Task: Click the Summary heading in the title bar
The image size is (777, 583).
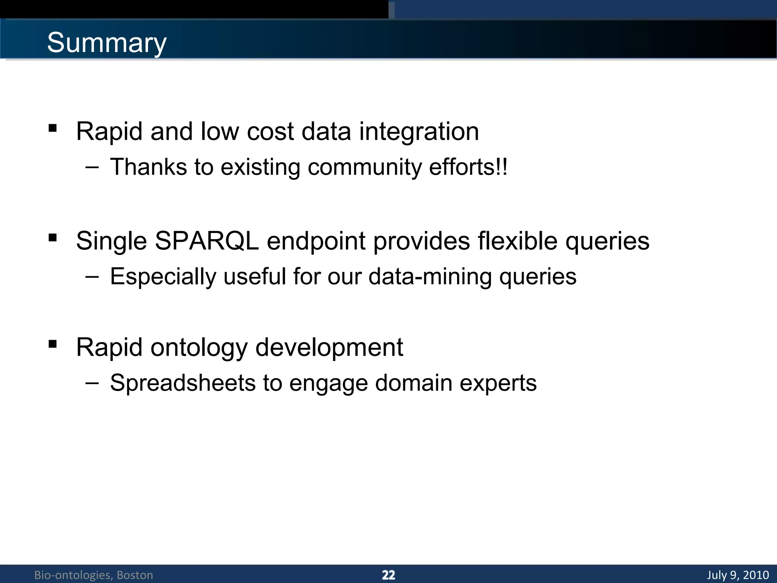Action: coord(107,43)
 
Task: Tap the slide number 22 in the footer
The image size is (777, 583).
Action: coord(388,575)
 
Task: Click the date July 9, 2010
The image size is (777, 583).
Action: coord(738,575)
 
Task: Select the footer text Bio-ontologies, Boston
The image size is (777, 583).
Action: coord(94,575)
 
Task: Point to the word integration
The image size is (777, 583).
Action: coord(419,131)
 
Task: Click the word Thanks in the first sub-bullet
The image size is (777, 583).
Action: coord(148,167)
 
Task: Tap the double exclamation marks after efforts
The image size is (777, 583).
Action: coord(502,167)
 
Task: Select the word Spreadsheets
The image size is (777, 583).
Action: coord(182,383)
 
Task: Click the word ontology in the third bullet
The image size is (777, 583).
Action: coord(199,347)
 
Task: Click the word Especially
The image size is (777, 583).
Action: coord(163,276)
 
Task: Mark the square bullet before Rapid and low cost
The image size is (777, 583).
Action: coord(53,128)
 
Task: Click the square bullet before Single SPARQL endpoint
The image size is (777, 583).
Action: coord(53,238)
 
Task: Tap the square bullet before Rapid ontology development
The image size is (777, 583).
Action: coord(53,344)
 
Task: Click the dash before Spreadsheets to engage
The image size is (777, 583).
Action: coord(92,383)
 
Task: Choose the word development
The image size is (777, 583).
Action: coord(329,347)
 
